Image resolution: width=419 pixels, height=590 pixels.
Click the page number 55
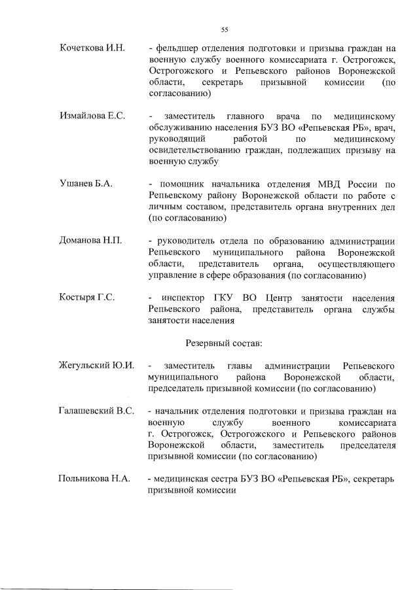tap(225, 29)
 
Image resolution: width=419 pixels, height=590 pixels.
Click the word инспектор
tap(185, 297)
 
